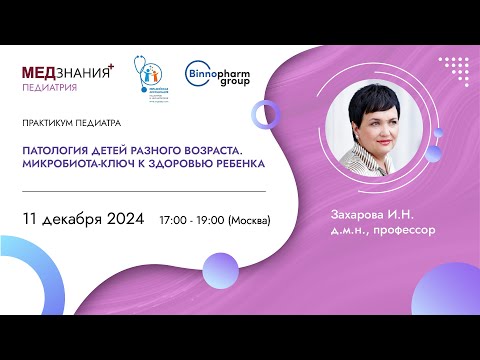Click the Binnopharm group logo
(217, 73)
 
